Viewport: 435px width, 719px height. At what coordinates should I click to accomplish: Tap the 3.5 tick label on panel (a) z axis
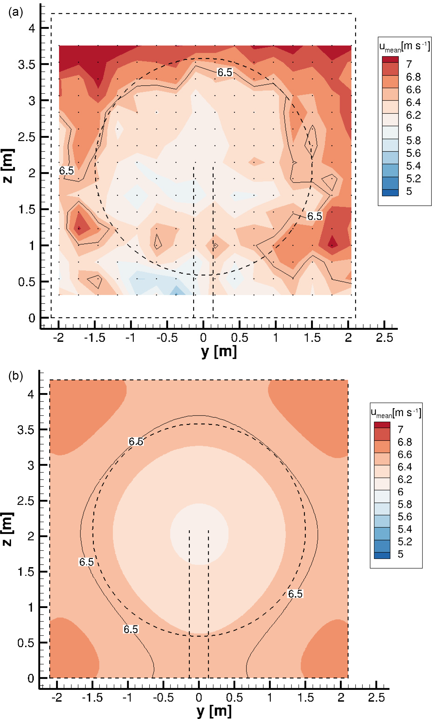[x=26, y=64]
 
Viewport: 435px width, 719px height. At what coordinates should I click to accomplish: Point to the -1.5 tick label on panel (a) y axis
[x=95, y=338]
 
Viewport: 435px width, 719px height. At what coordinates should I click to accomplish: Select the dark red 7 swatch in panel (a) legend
[x=390, y=59]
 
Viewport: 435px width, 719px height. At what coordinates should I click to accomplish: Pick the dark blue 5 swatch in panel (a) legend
[x=390, y=193]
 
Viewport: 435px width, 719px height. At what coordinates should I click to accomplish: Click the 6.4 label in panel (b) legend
[x=405, y=467]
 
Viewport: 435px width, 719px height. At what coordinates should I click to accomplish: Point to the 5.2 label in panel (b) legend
[x=405, y=542]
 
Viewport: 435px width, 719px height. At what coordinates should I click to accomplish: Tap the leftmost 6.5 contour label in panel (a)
[x=67, y=171]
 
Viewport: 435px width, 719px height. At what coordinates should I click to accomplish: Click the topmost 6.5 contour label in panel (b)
[x=136, y=441]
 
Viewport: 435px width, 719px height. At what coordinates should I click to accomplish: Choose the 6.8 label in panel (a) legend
[x=413, y=77]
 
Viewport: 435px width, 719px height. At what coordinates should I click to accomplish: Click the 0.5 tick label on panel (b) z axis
[x=26, y=643]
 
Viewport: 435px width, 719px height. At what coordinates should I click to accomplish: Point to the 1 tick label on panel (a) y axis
[x=276, y=338]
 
